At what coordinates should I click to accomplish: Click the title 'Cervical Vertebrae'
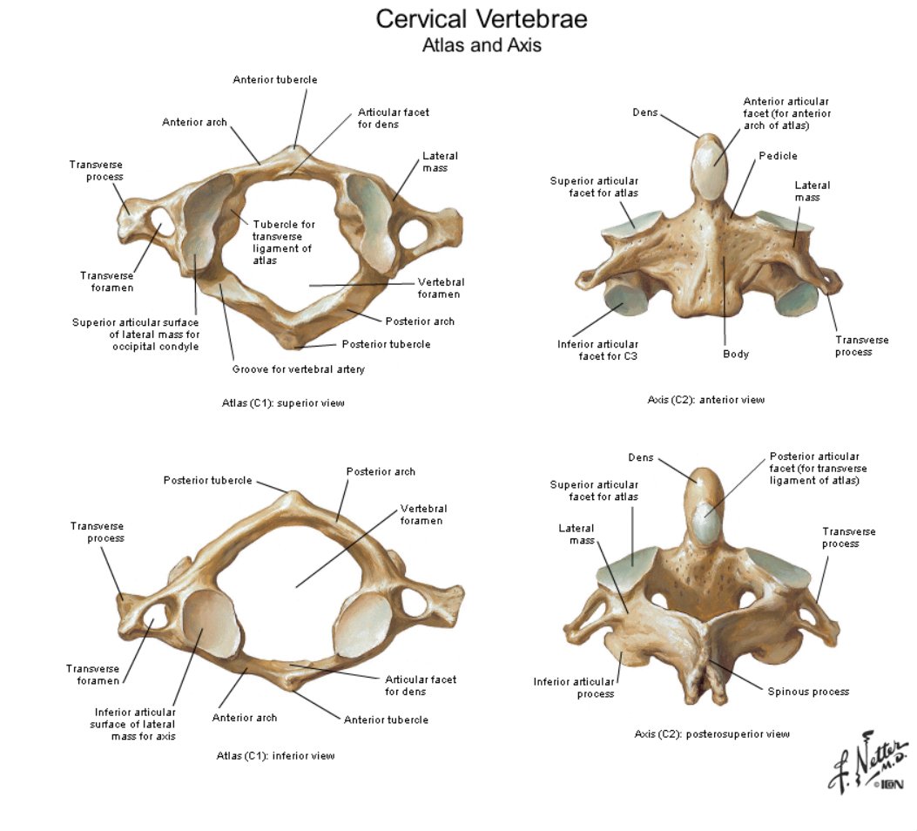(482, 18)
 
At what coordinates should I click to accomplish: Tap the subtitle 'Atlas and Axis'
(482, 45)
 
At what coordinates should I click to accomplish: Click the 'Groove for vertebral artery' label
(298, 369)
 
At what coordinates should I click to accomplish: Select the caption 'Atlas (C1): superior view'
(283, 403)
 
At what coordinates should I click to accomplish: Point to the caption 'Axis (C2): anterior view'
(706, 400)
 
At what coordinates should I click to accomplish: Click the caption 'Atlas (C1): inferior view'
(275, 755)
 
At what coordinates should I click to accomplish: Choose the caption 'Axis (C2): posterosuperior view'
(711, 734)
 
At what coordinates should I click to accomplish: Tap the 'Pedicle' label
(778, 156)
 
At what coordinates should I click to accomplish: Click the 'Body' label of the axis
(736, 354)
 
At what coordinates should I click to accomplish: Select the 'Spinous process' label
(808, 692)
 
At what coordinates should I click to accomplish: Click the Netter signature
(868, 762)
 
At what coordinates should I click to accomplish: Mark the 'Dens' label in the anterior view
(645, 112)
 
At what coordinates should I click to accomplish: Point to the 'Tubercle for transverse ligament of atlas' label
(284, 242)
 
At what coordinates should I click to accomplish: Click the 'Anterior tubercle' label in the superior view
(275, 79)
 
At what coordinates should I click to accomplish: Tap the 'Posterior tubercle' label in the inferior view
(207, 480)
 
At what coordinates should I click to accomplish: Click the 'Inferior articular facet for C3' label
(597, 350)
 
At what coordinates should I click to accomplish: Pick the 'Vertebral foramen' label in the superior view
(441, 287)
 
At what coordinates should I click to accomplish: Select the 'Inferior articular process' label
(574, 688)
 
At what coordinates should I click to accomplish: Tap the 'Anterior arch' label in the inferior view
(245, 718)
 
